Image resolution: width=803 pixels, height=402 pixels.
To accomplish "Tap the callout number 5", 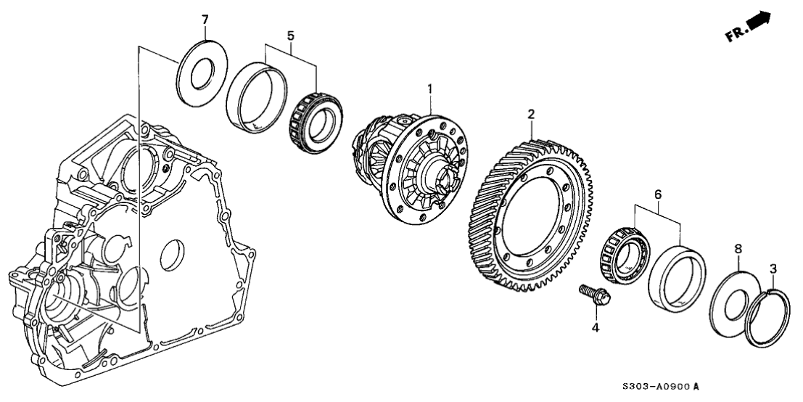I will click(x=291, y=34).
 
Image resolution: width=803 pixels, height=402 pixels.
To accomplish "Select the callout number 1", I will click(x=429, y=89).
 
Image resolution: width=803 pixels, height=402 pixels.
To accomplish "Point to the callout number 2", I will click(x=531, y=113).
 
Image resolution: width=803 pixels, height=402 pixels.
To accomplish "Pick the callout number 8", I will click(x=738, y=248).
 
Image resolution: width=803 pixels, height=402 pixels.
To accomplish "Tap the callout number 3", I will click(x=773, y=268).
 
